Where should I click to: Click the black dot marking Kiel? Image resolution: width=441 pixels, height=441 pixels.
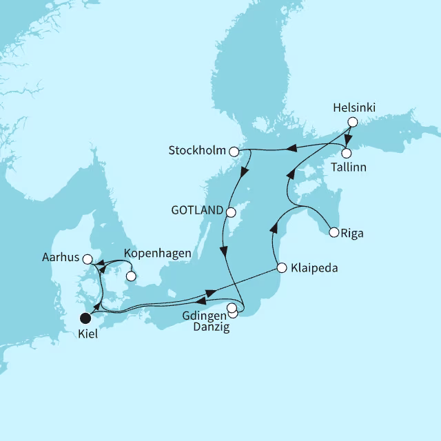pos(86,318)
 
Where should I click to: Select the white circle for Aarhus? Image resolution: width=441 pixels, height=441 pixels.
pos(88,259)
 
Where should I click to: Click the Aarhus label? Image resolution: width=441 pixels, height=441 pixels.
pos(61,259)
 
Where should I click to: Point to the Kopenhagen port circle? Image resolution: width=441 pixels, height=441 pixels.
pos(130,278)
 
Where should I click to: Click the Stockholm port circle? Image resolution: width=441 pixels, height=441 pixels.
pos(234,151)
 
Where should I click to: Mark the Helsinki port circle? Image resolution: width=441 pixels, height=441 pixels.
pos(352,122)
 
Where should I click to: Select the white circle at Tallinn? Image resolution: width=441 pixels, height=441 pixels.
pos(347,153)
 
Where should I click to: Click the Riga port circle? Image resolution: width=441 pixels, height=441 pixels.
pos(334,232)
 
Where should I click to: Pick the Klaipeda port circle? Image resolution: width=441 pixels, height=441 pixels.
pos(281,267)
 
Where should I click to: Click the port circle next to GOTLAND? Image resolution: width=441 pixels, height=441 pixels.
pos(232,212)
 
